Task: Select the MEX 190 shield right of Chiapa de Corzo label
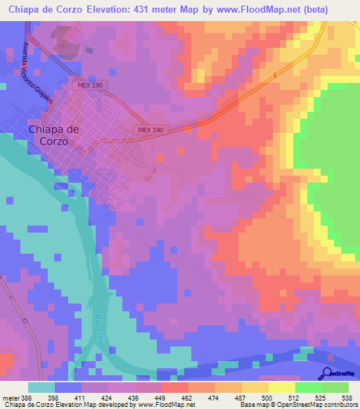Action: pos(150,130)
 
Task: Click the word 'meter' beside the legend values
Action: pos(10,398)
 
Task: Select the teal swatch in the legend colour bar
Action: pos(41,387)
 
